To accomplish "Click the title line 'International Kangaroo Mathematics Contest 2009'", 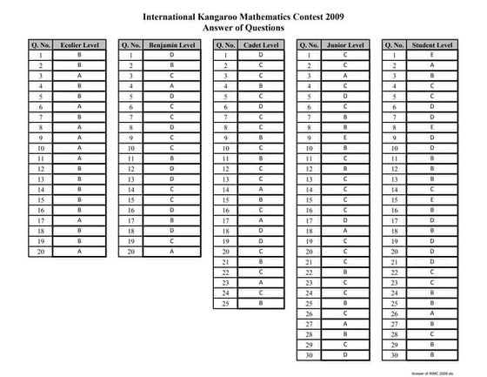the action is tap(243, 17).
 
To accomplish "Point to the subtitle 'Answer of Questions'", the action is tap(243, 28).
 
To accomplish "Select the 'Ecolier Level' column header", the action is tap(79, 44).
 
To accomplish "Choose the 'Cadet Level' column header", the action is tap(261, 44).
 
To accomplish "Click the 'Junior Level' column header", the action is tap(345, 44).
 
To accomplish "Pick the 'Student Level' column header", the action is tap(432, 44).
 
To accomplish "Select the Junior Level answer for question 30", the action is tap(345, 354).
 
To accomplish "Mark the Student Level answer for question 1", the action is tap(432, 55).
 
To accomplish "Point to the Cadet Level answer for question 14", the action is tap(261, 189).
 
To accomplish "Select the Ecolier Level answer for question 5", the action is tap(79, 96).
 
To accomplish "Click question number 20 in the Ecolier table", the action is tap(41, 251).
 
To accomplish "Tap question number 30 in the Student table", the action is tap(394, 354).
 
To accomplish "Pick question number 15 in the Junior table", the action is tap(308, 199).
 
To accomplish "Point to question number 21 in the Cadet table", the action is tap(223, 261).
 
